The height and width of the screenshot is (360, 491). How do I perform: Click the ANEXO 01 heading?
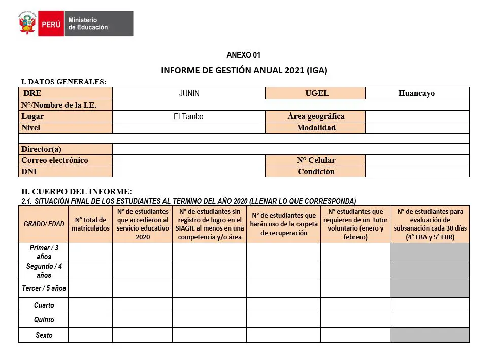pyautogui.click(x=244, y=55)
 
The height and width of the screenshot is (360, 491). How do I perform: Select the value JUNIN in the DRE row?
pyautogui.click(x=189, y=94)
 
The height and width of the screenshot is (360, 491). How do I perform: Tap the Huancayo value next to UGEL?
pyautogui.click(x=416, y=93)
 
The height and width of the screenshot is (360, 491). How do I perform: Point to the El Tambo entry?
pyautogui.click(x=188, y=117)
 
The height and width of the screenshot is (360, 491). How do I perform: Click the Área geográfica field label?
pyautogui.click(x=315, y=116)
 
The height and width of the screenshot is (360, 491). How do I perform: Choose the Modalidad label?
pyautogui.click(x=316, y=128)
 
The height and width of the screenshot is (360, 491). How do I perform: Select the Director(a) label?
pyautogui.click(x=41, y=149)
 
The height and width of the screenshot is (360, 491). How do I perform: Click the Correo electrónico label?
pyautogui.click(x=55, y=160)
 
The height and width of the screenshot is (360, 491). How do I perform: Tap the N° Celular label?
pyautogui.click(x=316, y=160)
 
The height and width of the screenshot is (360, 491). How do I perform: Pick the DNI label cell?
pyautogui.click(x=29, y=172)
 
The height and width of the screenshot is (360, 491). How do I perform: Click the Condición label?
pyautogui.click(x=316, y=172)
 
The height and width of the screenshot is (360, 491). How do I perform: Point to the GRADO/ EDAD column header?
pyautogui.click(x=44, y=224)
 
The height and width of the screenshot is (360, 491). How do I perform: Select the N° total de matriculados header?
pyautogui.click(x=90, y=224)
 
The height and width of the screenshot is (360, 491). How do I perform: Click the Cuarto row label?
pyautogui.click(x=44, y=305)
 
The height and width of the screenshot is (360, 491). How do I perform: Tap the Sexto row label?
pyautogui.click(x=44, y=335)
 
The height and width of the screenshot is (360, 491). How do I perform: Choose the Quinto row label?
pyautogui.click(x=44, y=320)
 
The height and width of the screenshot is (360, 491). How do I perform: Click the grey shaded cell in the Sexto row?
pyautogui.click(x=430, y=335)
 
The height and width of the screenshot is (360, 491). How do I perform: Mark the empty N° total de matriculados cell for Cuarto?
pyautogui.click(x=90, y=305)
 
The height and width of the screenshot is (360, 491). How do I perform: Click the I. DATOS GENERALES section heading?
pyautogui.click(x=63, y=81)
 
